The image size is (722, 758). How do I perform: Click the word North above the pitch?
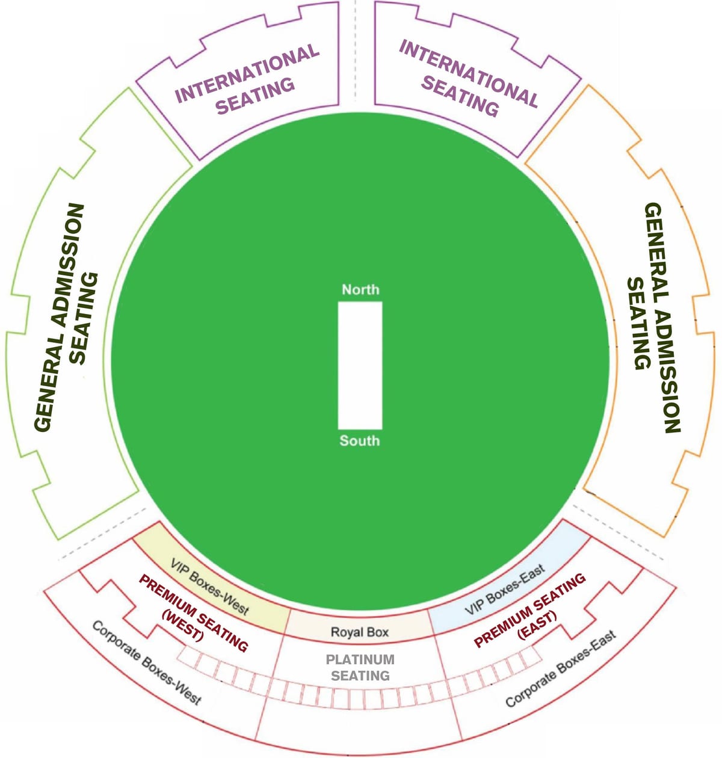[360, 289]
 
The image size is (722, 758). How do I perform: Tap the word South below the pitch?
[359, 440]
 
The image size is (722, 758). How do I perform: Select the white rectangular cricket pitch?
[360, 365]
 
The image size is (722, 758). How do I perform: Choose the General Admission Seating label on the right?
[653, 317]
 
